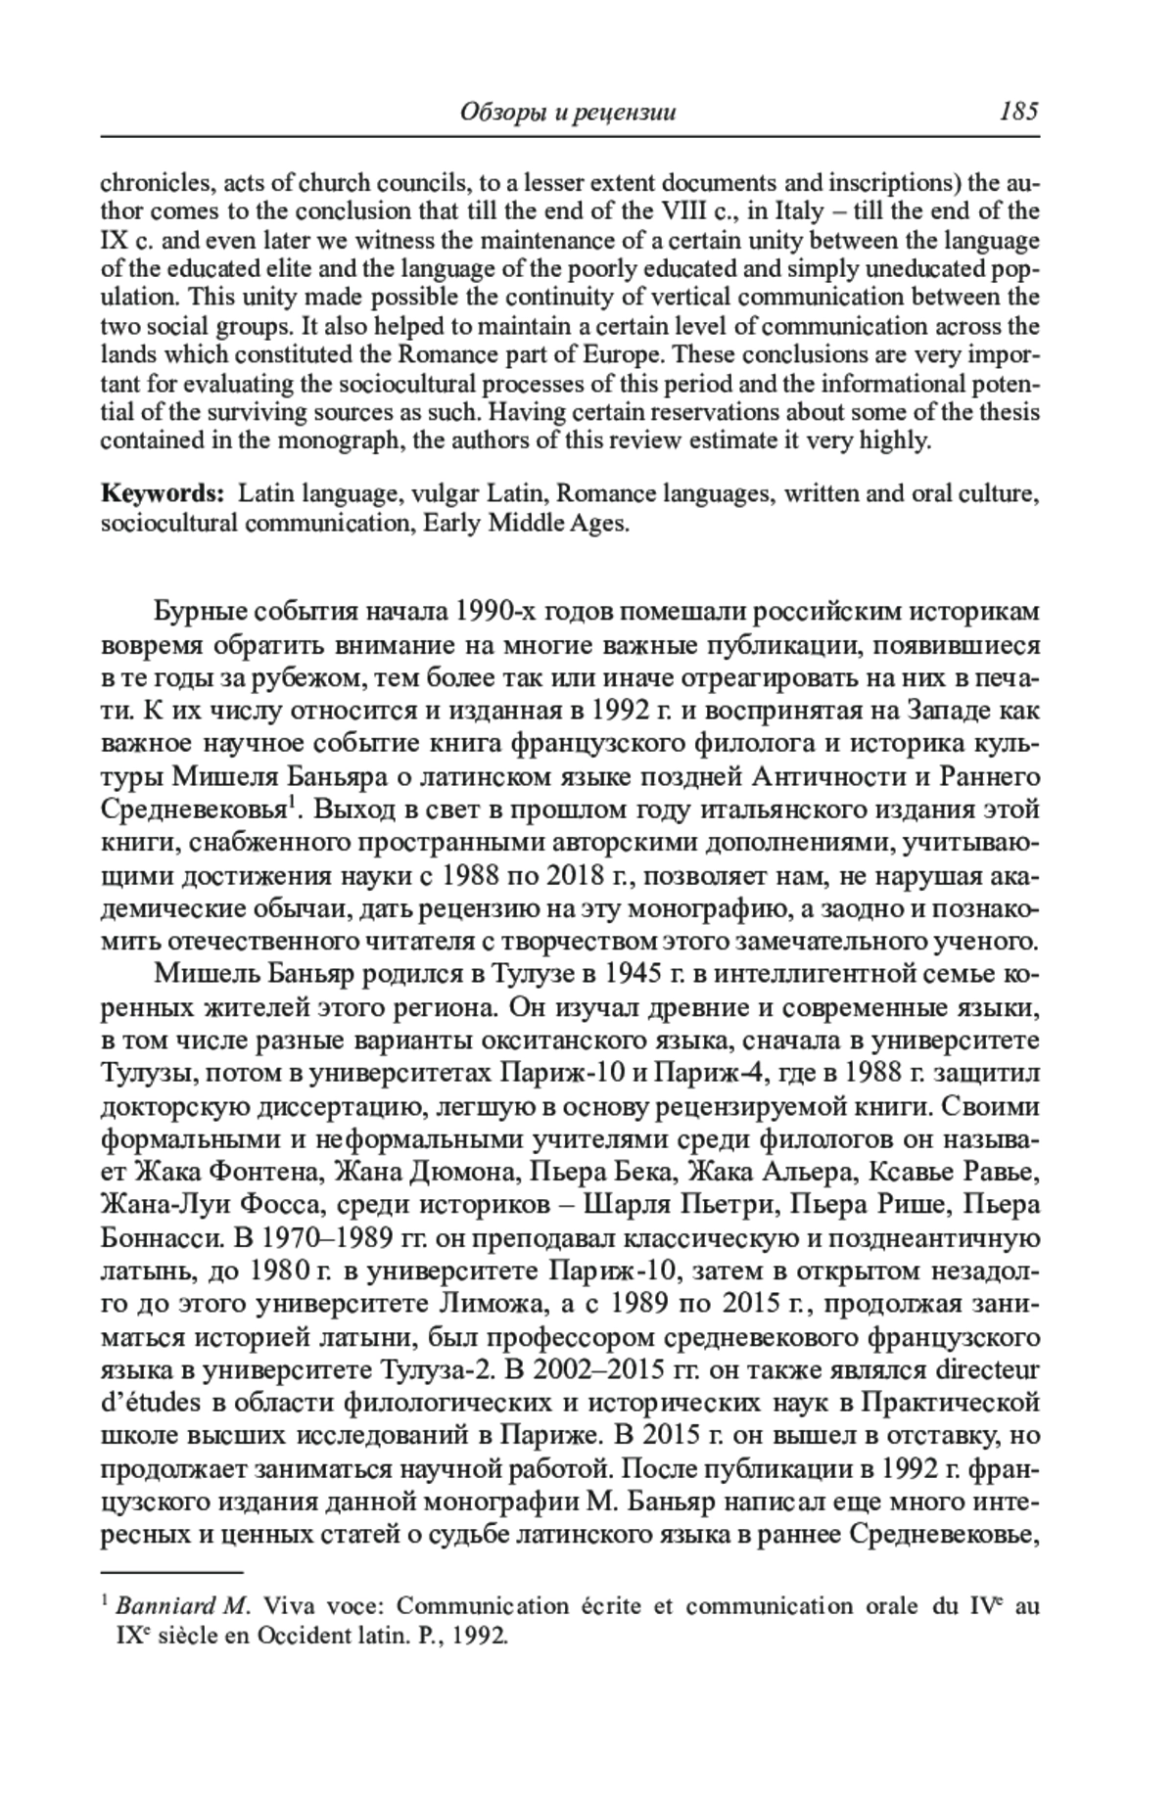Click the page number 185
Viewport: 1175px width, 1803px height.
(x=1017, y=112)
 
